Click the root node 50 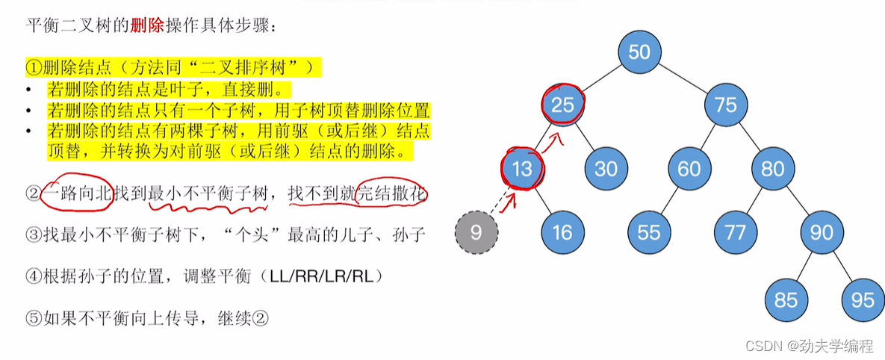640,52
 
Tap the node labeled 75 725,105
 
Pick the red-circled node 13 522,168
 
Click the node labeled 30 606,168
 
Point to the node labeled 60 689,168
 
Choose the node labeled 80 773,168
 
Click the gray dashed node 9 476,232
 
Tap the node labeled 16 562,232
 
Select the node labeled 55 648,232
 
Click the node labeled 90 821,232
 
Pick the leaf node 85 786,300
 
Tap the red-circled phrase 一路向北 79,194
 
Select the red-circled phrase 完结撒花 394,194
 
